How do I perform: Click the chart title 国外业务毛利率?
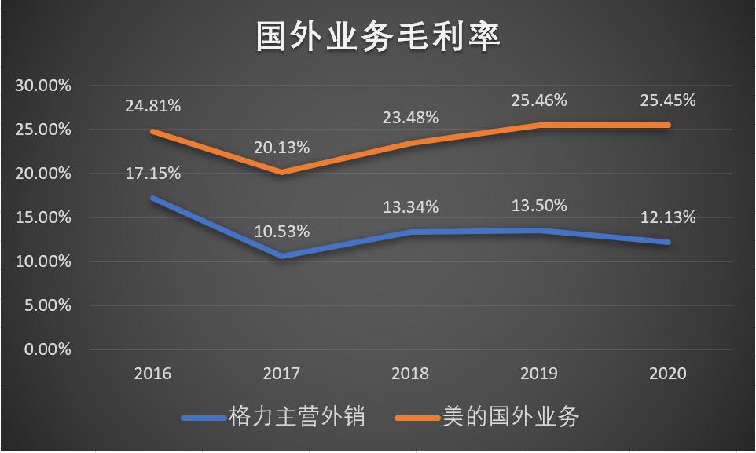point(378,36)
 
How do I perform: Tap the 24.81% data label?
point(152,105)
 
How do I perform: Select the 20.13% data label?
point(281,147)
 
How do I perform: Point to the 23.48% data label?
point(410,117)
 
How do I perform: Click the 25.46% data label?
point(539,100)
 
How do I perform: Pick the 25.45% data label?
point(667,100)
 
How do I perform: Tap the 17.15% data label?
point(152,173)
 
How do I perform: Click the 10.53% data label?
point(281,232)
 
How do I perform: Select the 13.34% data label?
point(410,207)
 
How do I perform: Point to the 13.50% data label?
point(539,206)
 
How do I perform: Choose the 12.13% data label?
point(667,217)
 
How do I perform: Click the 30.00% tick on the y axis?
point(43,86)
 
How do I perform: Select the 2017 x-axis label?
point(281,374)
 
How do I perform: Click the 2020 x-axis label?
point(667,374)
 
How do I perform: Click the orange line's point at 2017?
point(281,172)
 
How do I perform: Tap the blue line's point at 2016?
point(152,198)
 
